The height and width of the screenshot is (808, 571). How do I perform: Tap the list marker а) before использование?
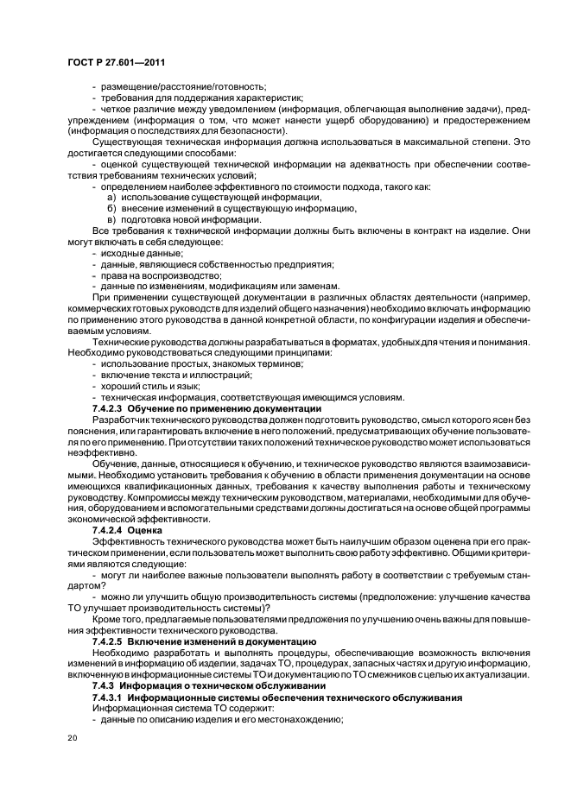pos(111,198)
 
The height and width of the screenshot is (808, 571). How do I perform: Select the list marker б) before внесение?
pos(111,209)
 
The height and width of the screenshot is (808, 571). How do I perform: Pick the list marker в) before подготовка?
pos(111,219)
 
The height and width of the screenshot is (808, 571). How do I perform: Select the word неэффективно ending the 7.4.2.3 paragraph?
pos(98,452)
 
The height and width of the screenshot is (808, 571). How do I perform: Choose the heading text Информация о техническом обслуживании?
pos(215,685)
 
